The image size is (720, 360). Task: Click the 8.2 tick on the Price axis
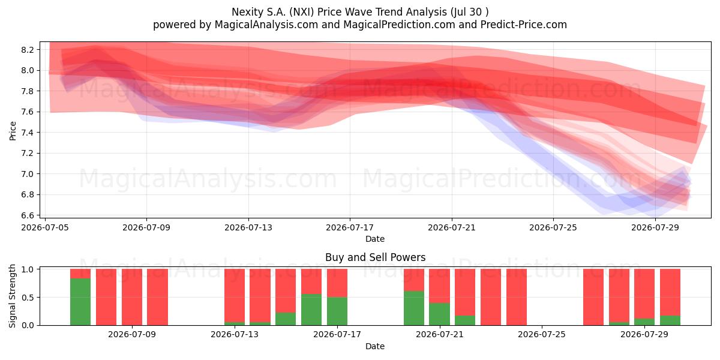click(28, 50)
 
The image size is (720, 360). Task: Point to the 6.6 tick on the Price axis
click(28, 215)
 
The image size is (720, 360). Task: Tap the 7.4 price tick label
click(28, 133)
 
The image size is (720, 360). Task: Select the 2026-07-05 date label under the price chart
click(45, 228)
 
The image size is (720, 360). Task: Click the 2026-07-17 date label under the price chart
click(350, 228)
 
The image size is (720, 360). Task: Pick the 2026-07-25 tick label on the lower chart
click(542, 335)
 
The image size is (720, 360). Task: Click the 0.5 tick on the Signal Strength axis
click(28, 298)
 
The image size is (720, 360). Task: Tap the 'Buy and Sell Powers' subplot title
click(375, 257)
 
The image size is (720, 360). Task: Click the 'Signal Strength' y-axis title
click(13, 296)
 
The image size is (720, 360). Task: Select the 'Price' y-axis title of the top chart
click(13, 131)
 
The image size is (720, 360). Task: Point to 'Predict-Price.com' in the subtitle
click(524, 25)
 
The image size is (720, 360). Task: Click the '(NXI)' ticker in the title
click(301, 12)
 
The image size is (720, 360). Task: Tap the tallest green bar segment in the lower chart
click(80, 302)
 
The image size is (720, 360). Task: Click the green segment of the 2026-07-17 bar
click(337, 311)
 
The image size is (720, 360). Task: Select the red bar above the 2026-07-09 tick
click(132, 297)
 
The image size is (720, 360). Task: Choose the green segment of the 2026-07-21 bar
click(439, 314)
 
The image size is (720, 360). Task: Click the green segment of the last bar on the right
click(670, 320)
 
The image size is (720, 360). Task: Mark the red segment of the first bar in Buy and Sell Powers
click(80, 274)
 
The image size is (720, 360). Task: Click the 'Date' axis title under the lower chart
click(375, 346)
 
